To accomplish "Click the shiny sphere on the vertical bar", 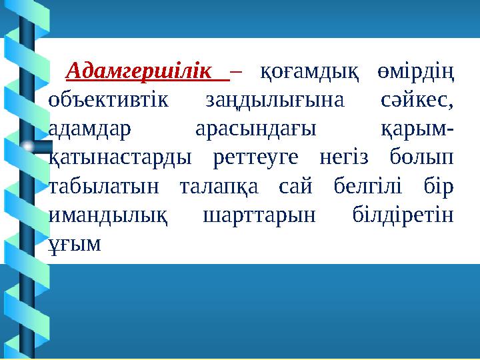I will (27, 146).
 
